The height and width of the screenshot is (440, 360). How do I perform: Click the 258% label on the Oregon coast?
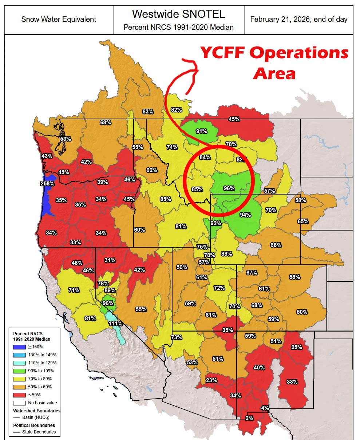47,183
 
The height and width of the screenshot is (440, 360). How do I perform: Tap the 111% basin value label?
115,323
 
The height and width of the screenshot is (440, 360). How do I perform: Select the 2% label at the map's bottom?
249,418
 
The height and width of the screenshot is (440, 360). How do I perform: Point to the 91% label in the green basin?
201,131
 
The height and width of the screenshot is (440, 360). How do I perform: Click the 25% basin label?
296,347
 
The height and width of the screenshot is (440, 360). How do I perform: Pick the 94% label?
245,215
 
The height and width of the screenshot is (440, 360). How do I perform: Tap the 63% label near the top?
148,112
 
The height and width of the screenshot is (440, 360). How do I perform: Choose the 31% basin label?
110,260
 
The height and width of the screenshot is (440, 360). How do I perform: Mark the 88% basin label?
226,254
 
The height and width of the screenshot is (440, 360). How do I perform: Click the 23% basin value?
211,380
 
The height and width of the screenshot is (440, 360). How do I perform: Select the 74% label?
172,147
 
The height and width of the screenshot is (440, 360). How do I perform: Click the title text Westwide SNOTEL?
178,14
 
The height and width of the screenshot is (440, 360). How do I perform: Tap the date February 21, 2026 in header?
298,19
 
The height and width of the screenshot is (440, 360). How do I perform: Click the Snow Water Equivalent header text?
59,19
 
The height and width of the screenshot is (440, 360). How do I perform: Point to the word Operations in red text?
299,53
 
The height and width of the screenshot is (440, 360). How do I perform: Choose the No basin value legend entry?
35,403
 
